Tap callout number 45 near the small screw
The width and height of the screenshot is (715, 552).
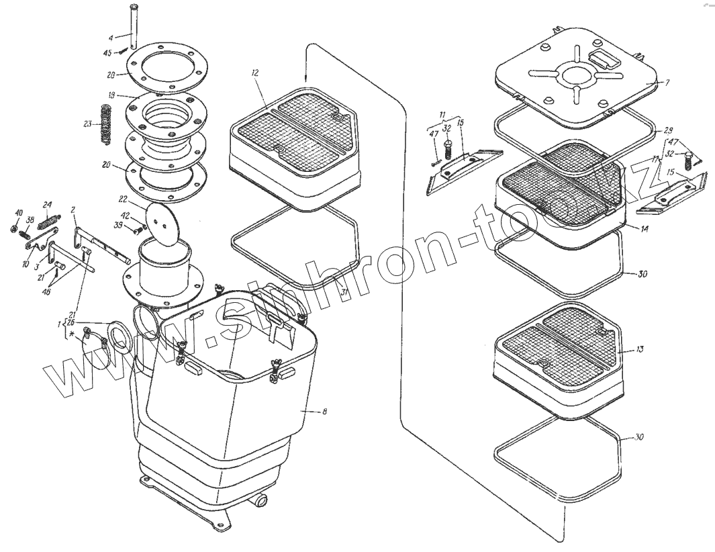coord(107,53)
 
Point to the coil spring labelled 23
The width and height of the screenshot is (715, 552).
coord(105,124)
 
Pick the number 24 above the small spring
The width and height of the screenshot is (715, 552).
coord(47,205)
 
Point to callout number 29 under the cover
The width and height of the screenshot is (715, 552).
coord(668,129)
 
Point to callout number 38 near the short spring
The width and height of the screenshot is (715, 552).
coord(30,220)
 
